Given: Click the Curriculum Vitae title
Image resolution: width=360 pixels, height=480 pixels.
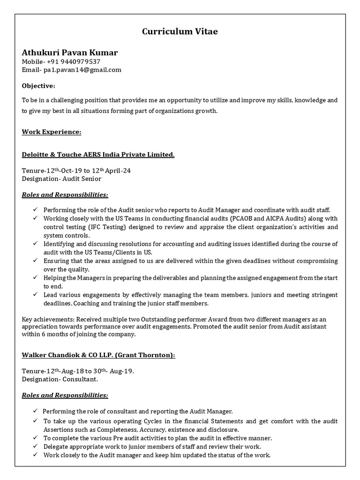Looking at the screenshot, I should (180, 32).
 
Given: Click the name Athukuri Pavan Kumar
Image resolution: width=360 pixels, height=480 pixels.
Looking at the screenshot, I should (70, 52).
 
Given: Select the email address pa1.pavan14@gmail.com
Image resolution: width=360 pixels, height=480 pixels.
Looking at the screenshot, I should (82, 70).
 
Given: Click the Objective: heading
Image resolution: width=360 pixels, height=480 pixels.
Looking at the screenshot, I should (38, 86).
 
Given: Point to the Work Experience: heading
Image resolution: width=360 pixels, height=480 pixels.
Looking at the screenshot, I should (52, 132).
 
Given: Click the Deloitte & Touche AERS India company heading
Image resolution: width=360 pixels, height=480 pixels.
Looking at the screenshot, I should (98, 154).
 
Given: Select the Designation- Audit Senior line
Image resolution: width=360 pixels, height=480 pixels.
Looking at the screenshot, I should (61, 179).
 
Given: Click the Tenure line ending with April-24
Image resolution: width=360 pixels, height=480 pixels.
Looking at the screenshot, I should (76, 170).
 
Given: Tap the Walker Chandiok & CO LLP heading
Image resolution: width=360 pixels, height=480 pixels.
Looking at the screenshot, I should (98, 355).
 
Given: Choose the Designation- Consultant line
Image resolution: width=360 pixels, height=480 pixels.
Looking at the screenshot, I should (60, 379).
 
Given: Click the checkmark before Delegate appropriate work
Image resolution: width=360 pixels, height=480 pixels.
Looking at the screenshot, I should (36, 447).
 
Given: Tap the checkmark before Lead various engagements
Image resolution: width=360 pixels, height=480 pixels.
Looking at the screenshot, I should (36, 295).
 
